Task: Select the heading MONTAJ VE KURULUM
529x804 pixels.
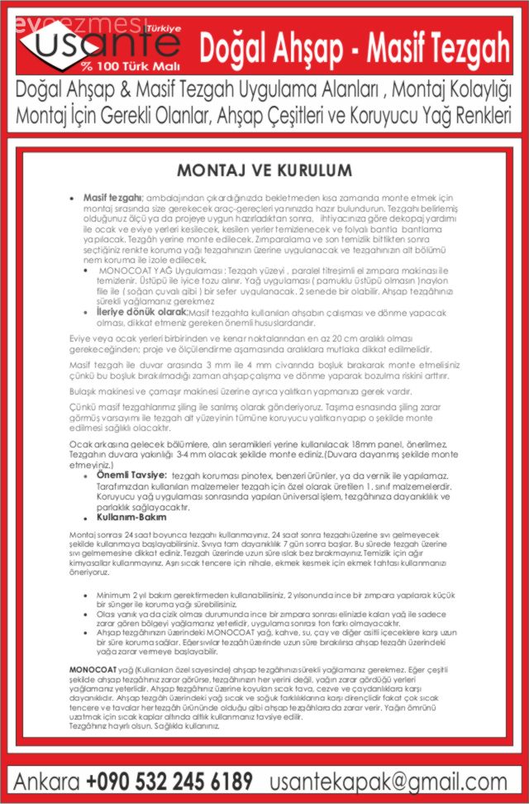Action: [264, 170]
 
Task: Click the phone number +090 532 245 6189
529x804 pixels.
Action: [169, 780]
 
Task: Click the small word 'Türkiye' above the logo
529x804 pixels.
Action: [163, 27]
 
